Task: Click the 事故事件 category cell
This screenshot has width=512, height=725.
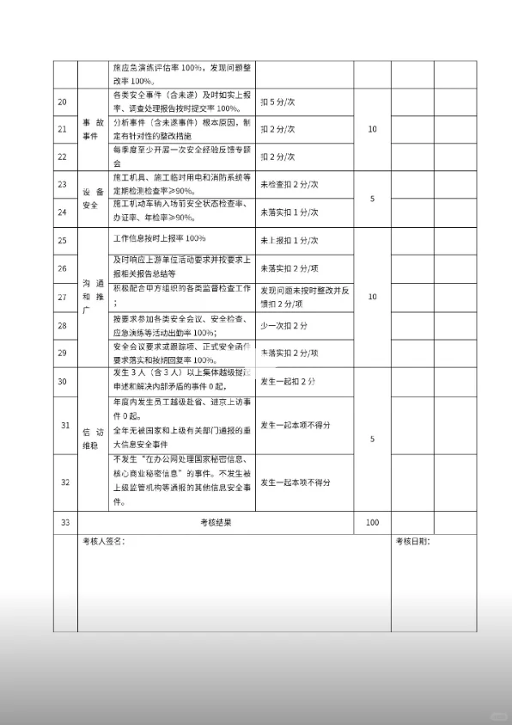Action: coord(91,129)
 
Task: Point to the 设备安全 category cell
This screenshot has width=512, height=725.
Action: coord(91,197)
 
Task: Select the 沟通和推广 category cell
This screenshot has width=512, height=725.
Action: coord(91,297)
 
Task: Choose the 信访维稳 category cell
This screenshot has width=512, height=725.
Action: coord(91,439)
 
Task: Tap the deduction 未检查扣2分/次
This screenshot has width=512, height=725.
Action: coord(290,184)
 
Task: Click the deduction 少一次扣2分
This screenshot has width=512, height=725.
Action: coord(284,325)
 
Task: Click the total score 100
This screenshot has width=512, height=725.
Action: coord(372,522)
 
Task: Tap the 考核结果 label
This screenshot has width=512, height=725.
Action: coord(216,522)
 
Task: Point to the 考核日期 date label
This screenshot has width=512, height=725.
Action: coord(413,542)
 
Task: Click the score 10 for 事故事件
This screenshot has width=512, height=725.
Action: coord(372,129)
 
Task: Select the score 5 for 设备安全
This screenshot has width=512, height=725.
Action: coord(372,199)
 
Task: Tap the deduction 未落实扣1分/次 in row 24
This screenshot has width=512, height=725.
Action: coord(290,212)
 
